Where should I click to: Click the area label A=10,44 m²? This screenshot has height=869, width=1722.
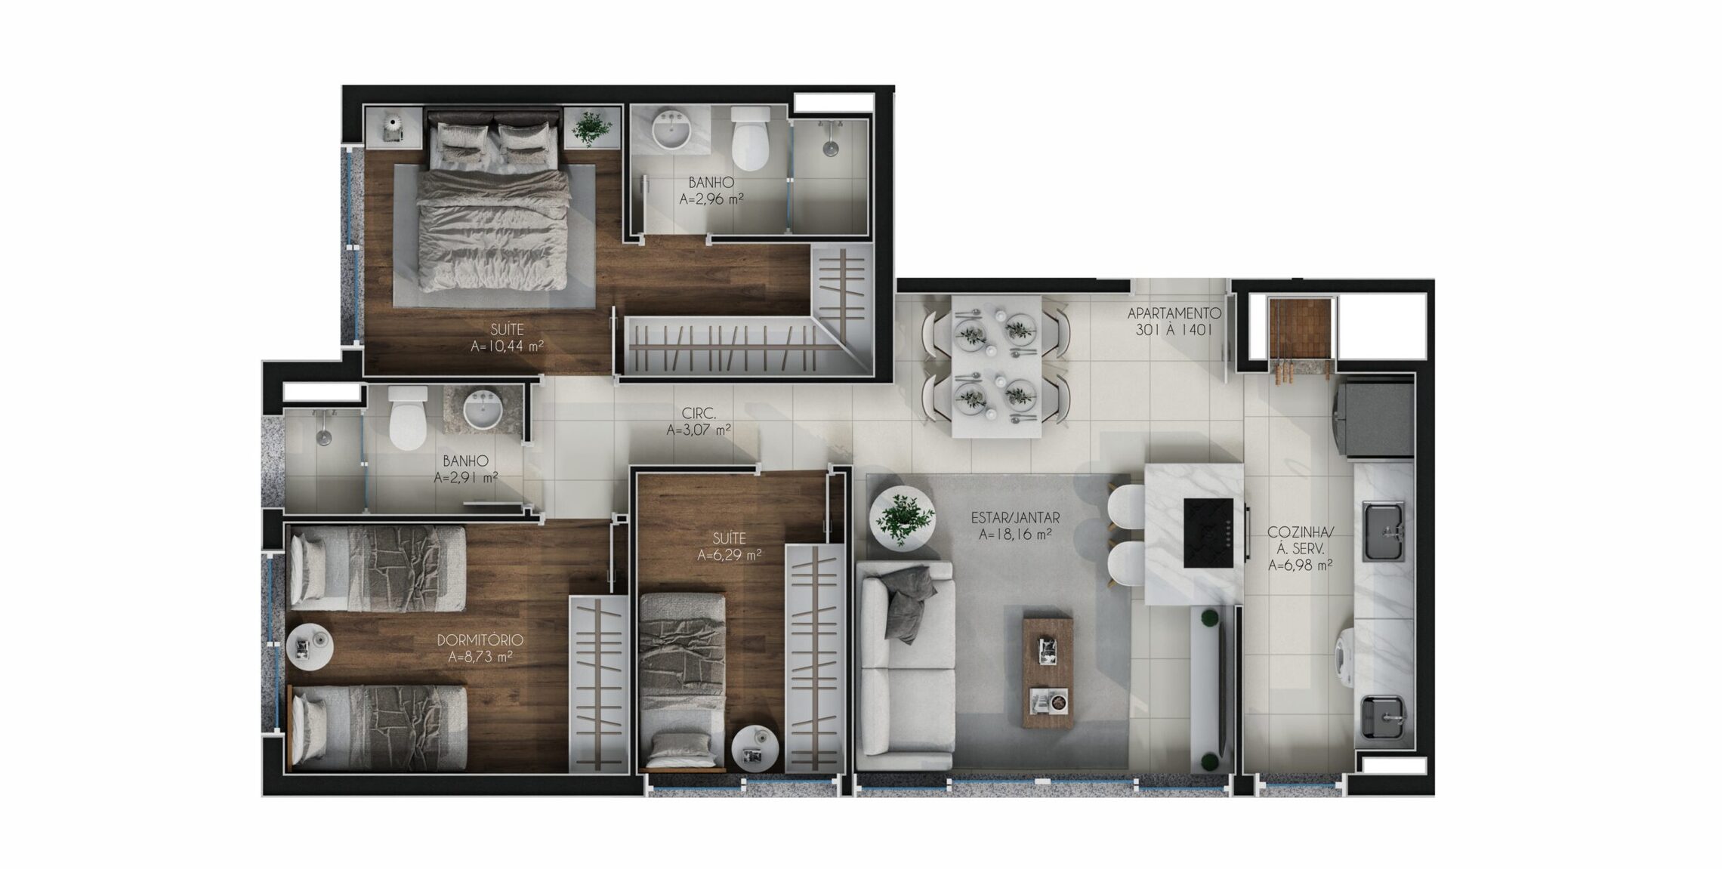507,347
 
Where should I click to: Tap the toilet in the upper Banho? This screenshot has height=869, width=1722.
750,138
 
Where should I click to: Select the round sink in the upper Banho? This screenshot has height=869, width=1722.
671,131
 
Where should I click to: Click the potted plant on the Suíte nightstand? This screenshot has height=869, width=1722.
591,127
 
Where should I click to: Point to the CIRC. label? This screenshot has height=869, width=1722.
699,414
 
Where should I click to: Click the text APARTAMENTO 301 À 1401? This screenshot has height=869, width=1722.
1174,322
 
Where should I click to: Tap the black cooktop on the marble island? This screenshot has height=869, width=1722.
1208,533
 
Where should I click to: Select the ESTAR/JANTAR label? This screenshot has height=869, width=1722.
1015,518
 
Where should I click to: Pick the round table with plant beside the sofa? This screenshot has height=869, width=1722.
902,519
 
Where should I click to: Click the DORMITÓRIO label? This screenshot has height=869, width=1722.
480,640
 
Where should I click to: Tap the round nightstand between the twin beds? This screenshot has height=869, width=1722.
310,646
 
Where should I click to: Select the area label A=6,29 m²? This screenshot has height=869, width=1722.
729,556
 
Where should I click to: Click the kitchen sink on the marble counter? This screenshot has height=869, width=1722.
1384,532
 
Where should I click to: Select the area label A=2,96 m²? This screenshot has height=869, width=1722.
711,199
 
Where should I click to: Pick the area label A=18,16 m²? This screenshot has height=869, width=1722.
1015,535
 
